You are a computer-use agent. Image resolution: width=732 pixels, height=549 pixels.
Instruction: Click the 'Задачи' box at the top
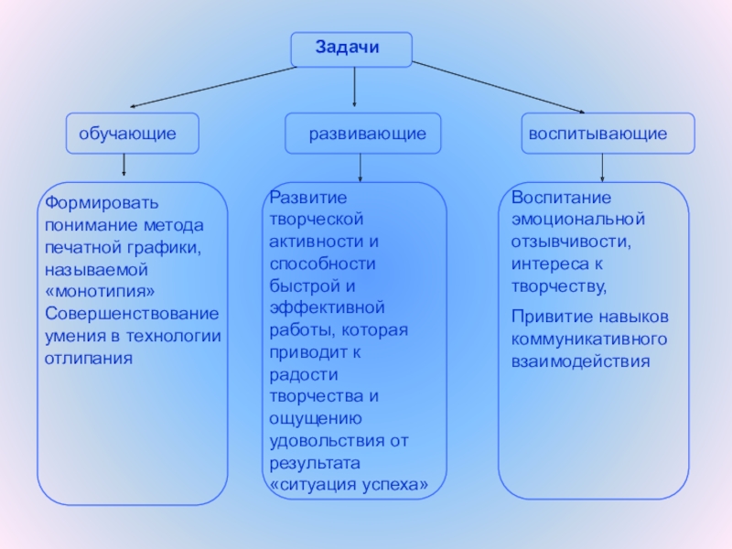(x=351, y=48)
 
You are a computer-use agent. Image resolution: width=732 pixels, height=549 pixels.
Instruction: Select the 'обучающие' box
(x=133, y=134)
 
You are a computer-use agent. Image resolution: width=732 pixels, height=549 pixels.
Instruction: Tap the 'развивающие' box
(x=362, y=134)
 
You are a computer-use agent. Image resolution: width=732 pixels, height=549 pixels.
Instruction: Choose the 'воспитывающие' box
(x=608, y=134)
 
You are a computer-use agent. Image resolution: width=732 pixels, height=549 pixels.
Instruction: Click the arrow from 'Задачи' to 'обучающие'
(x=210, y=86)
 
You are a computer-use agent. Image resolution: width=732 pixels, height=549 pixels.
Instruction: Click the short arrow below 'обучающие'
(x=124, y=166)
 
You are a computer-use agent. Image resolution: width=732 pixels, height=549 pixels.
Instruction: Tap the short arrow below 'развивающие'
(x=361, y=167)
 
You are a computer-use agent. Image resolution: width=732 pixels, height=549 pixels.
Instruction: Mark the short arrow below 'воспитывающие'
(x=601, y=167)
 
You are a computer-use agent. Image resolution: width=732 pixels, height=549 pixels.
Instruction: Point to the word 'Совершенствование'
(x=133, y=313)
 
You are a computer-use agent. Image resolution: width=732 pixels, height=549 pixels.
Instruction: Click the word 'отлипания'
(x=89, y=358)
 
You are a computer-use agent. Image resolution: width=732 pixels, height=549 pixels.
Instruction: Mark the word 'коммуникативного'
(x=588, y=339)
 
